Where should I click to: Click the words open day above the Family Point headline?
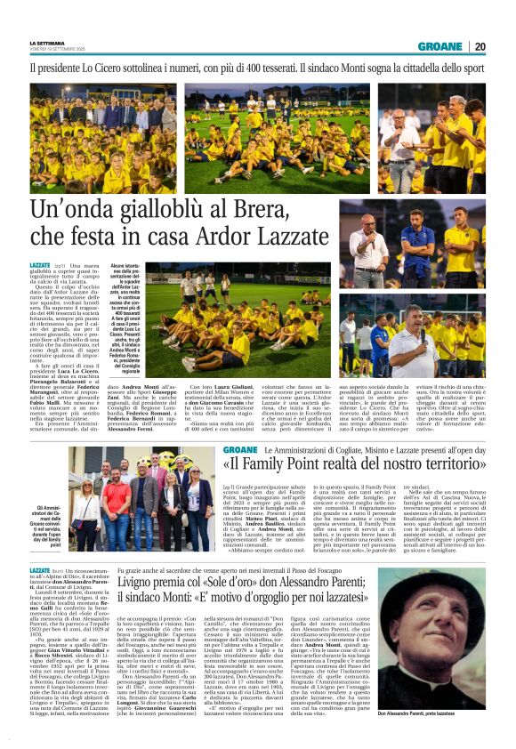pyautogui.click(x=466, y=451)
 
